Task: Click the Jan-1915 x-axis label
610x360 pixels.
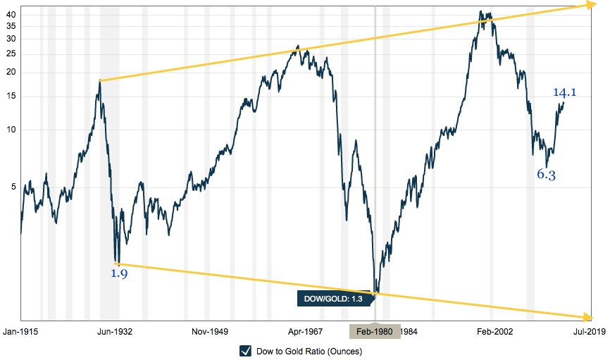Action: point(21,331)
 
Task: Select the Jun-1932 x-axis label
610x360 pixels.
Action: point(116,331)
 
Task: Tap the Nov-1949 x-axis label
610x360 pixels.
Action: point(209,331)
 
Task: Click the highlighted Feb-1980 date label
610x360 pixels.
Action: point(375,331)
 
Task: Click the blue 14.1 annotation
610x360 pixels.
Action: point(564,92)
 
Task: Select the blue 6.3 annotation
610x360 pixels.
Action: point(546,175)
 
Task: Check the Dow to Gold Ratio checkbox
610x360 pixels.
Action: point(246,351)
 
